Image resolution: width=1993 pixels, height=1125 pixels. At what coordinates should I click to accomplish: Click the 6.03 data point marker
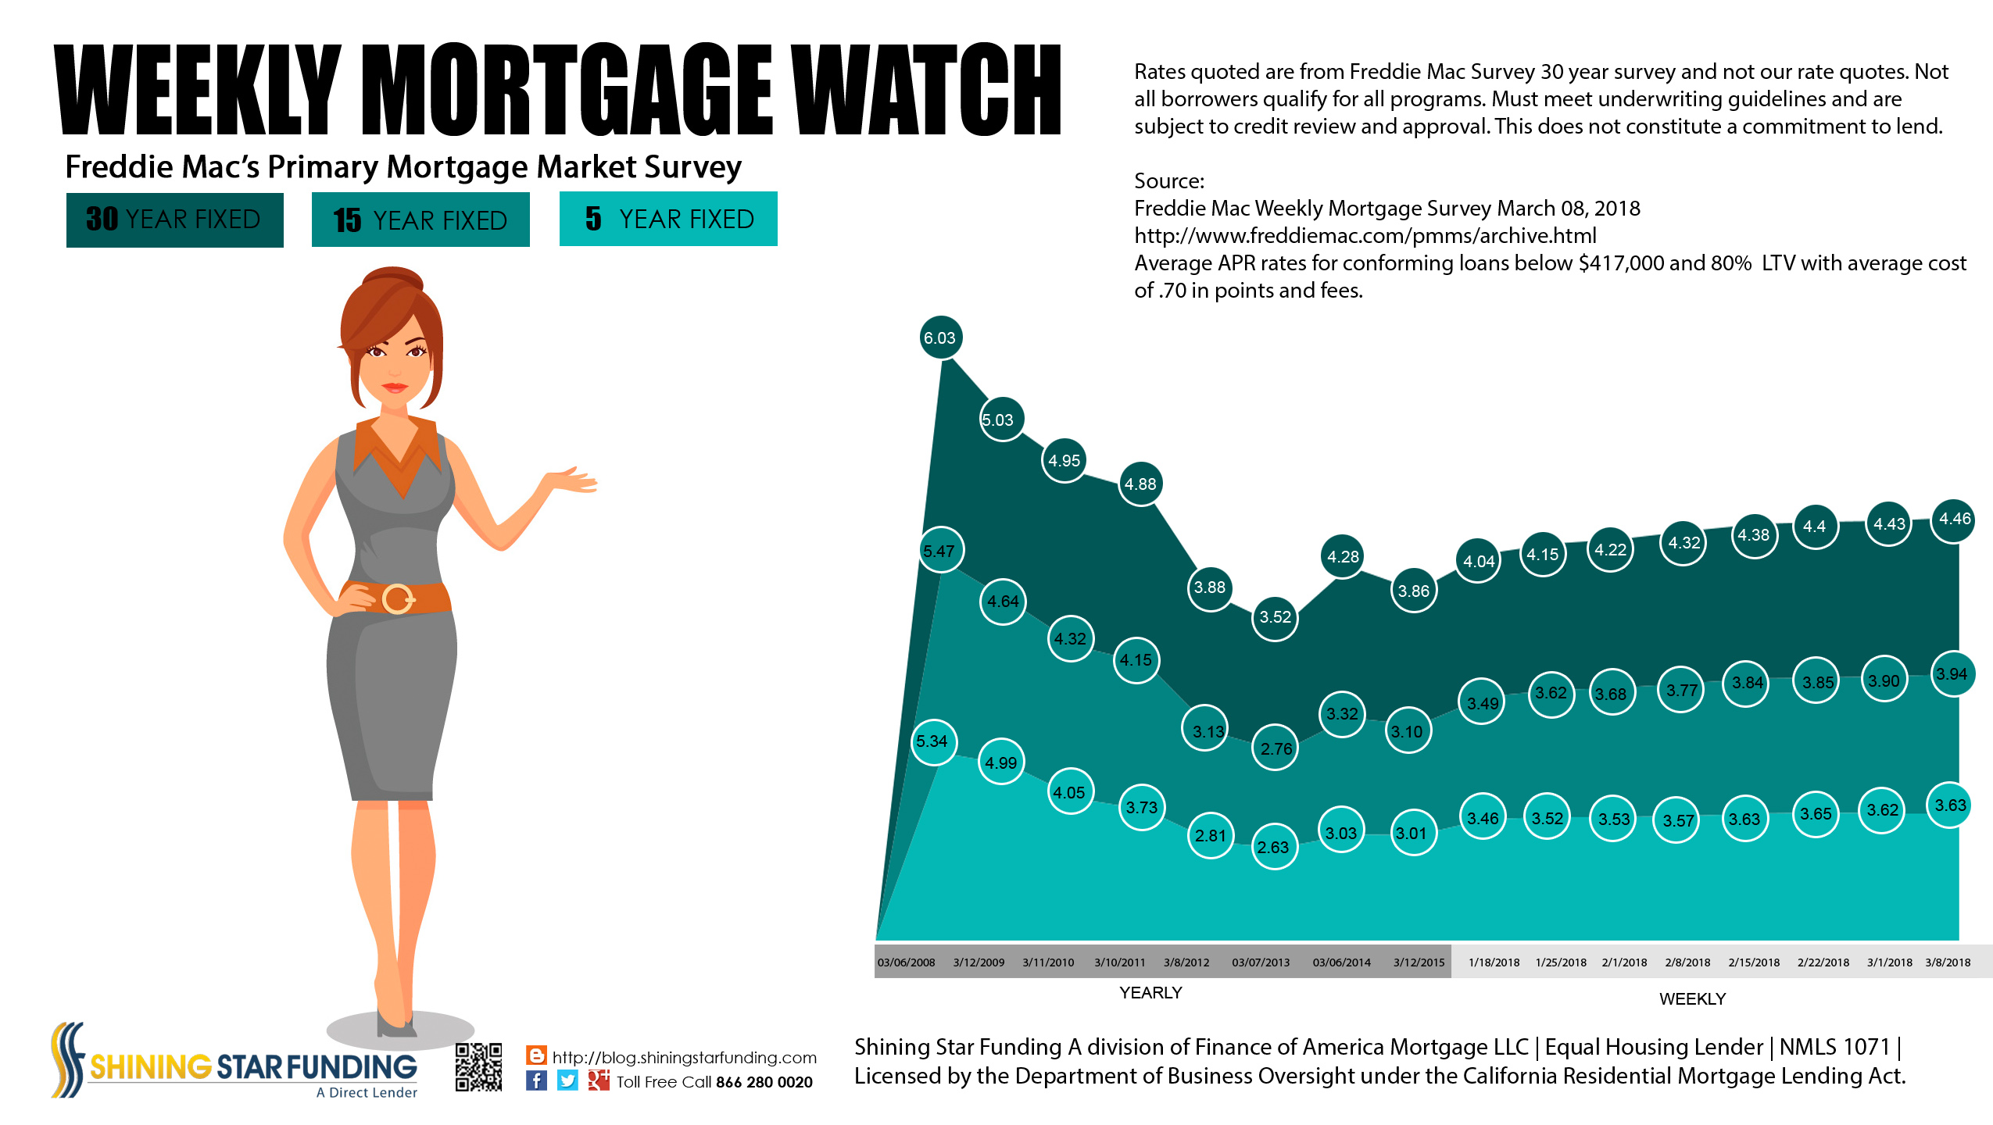(940, 337)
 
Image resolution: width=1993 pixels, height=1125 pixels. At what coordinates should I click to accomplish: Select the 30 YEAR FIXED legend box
(174, 220)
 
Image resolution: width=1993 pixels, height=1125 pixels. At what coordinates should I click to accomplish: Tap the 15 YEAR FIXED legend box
(420, 220)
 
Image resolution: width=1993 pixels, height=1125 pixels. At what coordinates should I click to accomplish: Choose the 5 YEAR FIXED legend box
(668, 219)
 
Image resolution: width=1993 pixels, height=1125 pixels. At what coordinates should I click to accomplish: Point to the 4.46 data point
(1953, 520)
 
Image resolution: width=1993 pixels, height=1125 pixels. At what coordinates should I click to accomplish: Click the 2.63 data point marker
(1274, 847)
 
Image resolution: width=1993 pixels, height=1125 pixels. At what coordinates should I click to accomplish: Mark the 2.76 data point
(1276, 748)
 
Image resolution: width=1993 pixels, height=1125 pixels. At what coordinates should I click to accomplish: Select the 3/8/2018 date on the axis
(1948, 962)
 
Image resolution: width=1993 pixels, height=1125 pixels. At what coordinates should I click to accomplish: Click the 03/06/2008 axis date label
(906, 962)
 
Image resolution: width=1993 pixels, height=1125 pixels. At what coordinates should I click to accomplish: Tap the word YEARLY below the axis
(1150, 993)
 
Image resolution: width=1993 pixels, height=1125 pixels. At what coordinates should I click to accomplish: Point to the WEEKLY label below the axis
(1692, 999)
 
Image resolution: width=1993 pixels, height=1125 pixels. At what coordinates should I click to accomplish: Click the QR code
(478, 1067)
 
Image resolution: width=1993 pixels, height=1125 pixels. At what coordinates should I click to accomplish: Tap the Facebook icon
(536, 1080)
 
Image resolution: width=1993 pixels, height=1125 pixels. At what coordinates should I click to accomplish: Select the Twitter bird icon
(567, 1080)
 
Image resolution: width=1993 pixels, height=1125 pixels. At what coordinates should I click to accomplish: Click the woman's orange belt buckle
(398, 599)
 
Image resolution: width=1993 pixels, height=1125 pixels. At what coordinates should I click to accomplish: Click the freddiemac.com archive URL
(1365, 236)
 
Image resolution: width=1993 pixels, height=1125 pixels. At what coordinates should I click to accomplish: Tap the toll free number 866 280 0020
(764, 1082)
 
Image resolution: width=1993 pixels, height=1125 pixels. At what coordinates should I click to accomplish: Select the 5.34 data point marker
(932, 741)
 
